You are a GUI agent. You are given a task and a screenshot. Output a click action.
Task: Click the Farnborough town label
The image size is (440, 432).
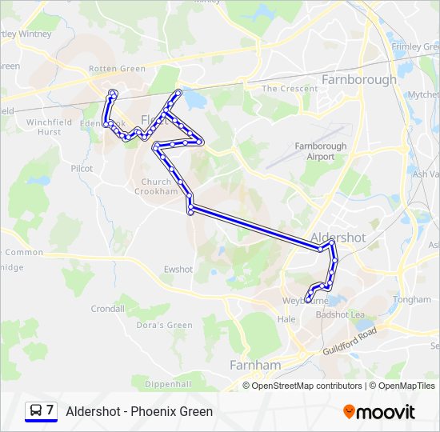click(x=358, y=80)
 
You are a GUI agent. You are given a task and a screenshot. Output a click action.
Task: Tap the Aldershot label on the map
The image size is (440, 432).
click(x=338, y=238)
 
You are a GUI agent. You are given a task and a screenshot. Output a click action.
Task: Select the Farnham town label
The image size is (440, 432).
click(x=255, y=365)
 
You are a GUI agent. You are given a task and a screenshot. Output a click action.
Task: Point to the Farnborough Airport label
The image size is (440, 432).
click(x=321, y=151)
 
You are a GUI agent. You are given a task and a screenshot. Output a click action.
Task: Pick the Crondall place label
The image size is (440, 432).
click(x=108, y=308)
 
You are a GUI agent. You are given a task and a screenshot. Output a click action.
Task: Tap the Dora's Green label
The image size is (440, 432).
click(x=165, y=325)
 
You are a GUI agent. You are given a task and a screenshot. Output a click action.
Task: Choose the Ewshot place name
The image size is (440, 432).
click(x=178, y=270)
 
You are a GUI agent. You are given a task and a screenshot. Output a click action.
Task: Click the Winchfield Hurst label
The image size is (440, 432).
click(x=49, y=126)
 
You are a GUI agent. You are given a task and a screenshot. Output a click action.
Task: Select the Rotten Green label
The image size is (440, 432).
click(x=117, y=69)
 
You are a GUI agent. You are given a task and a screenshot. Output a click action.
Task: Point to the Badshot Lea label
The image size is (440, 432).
click(x=340, y=314)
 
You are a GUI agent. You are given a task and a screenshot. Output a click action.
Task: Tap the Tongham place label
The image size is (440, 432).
click(x=412, y=300)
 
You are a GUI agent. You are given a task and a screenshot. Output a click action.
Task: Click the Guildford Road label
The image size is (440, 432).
click(x=350, y=342)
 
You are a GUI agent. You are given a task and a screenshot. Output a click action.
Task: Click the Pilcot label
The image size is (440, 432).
click(x=82, y=169)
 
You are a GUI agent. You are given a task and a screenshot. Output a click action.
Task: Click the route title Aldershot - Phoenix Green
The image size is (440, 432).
click(x=139, y=411)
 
